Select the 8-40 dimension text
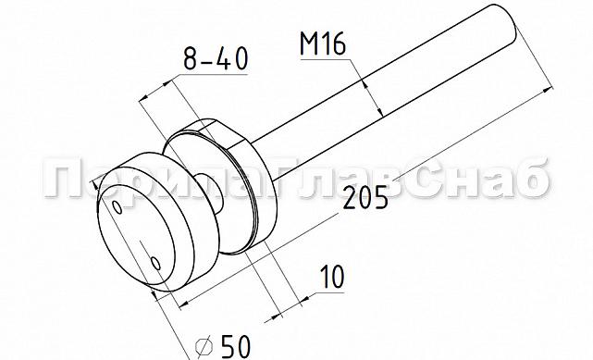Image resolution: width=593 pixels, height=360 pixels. (216, 60)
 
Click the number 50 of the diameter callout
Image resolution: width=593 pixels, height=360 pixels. (235, 346)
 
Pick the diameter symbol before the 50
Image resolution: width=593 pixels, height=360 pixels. (204, 346)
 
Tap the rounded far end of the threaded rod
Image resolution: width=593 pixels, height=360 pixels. (504, 22)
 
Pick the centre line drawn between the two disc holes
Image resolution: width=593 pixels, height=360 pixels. (136, 236)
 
